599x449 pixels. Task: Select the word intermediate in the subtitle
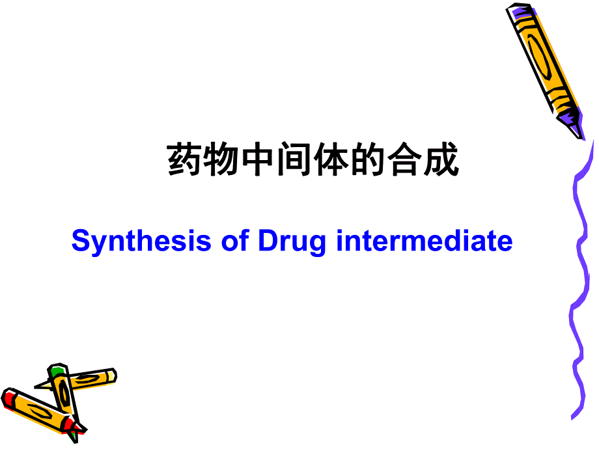(425, 241)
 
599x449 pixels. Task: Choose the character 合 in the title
(404, 161)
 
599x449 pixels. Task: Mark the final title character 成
(441, 161)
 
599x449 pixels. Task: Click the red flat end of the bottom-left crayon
(9, 398)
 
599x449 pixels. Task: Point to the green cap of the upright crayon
(57, 372)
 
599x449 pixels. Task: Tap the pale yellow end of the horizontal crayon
(111, 375)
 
